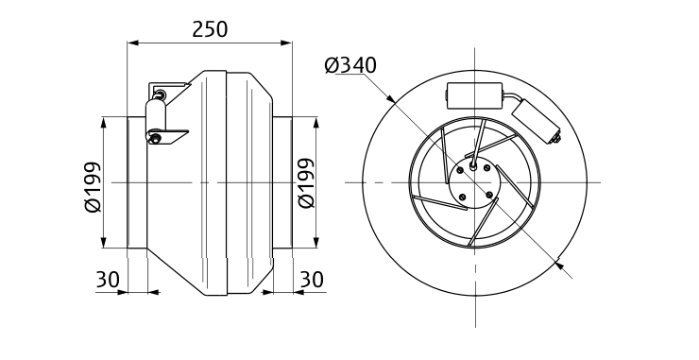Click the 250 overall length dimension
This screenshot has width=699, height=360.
[210, 29]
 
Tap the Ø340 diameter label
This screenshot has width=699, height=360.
[350, 65]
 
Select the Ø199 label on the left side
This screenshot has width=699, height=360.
[94, 187]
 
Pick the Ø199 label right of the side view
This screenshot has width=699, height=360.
[306, 183]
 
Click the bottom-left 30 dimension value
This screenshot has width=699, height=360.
[108, 280]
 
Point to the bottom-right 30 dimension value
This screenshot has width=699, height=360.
[312, 280]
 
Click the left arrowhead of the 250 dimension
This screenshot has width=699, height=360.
[133, 43]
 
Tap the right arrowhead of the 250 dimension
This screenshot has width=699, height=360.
[286, 43]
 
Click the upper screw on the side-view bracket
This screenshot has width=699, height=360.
[160, 94]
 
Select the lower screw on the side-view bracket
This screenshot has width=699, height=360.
[154, 139]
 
